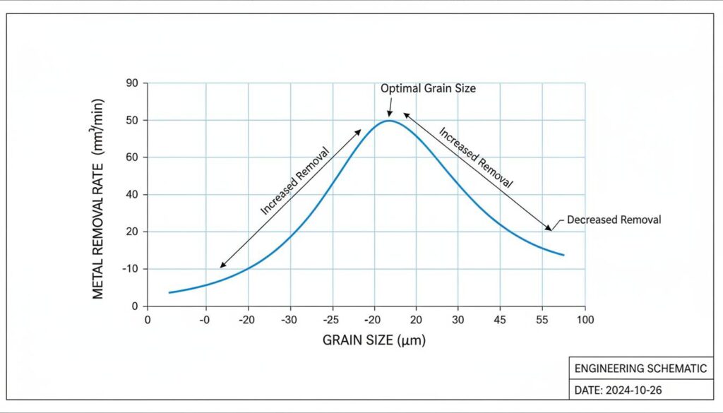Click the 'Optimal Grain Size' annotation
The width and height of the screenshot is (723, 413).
tap(428, 89)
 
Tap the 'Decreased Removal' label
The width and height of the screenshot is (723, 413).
tap(614, 220)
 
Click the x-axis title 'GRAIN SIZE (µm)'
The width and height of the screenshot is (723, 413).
tap(374, 340)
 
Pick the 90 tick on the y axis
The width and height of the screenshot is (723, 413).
tap(132, 83)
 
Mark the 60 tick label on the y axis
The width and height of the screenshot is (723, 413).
tap(132, 157)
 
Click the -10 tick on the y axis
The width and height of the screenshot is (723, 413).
tap(130, 269)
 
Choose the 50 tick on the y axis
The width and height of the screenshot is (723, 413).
tap(132, 121)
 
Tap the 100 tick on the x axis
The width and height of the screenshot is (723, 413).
tap(585, 320)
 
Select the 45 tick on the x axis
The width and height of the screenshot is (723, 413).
tap(501, 320)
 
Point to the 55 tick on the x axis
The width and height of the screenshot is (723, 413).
tap(542, 320)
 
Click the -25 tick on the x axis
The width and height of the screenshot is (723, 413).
tap(332, 320)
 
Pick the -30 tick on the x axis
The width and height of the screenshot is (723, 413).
tap(289, 320)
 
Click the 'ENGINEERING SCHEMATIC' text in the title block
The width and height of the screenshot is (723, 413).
tap(640, 369)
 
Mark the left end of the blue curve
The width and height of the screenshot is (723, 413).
tap(169, 292)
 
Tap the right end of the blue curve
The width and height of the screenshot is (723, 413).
tap(564, 255)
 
